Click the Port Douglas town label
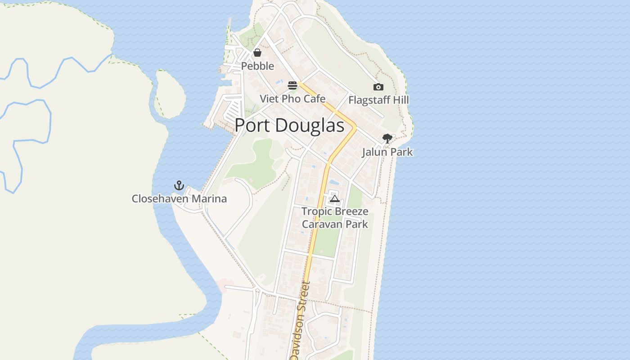(289, 125)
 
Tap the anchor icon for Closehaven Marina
(179, 185)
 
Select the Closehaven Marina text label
(179, 198)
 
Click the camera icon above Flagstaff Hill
(378, 87)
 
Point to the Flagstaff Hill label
(378, 100)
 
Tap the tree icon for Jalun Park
(387, 139)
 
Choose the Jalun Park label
(387, 152)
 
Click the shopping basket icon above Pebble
(257, 53)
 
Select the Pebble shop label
(257, 66)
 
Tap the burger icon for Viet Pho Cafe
(292, 85)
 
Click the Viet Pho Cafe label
(292, 99)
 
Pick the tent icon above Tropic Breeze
(334, 198)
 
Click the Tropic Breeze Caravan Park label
(335, 218)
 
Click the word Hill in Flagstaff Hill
(400, 100)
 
